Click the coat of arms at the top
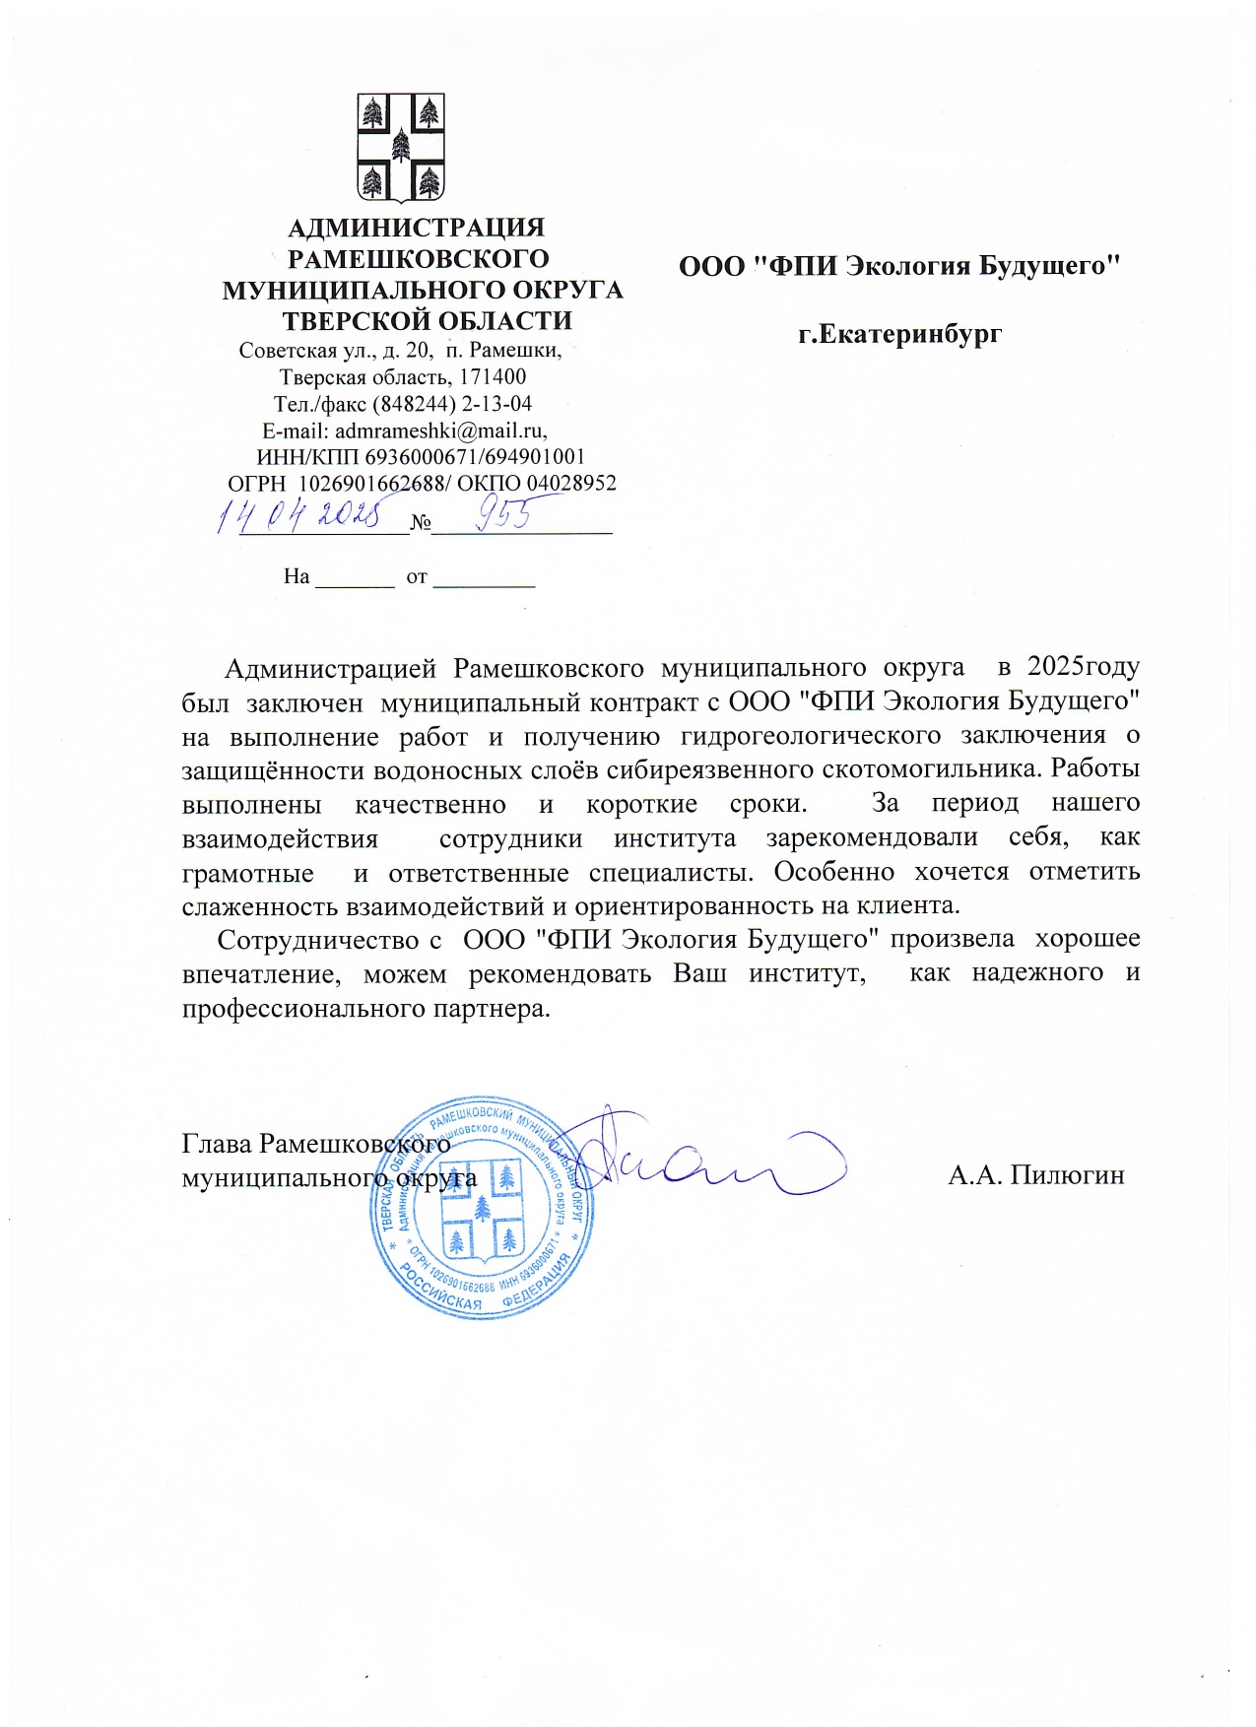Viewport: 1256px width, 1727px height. coord(400,147)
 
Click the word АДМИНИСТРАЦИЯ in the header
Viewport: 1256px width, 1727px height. coord(416,228)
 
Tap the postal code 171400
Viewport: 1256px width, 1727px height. coord(493,377)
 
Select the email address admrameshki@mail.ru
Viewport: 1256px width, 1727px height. coord(439,431)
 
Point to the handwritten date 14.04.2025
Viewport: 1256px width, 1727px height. coord(299,512)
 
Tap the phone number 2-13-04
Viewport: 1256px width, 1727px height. coord(496,404)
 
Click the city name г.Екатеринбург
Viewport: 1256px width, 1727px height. coord(899,334)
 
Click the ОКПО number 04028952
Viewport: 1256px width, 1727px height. coord(571,484)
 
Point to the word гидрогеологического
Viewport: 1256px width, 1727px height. coord(810,736)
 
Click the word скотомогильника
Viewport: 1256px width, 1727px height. coord(942,769)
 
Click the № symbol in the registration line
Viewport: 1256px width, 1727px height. coord(421,522)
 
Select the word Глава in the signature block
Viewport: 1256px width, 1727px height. coord(217,1144)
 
